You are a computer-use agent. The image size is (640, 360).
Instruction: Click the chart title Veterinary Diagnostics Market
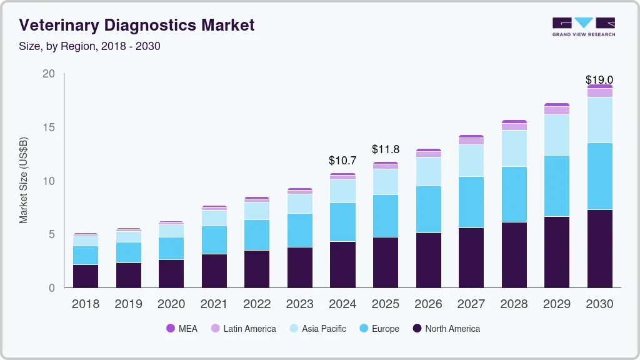pyautogui.click(x=137, y=26)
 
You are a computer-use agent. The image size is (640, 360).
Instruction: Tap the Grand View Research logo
pyautogui.click(x=583, y=27)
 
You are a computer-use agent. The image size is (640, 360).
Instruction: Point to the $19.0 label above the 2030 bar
pyautogui.click(x=599, y=79)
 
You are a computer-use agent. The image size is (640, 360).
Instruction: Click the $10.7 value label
pyautogui.click(x=342, y=161)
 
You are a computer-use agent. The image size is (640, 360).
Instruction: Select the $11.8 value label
pyautogui.click(x=386, y=149)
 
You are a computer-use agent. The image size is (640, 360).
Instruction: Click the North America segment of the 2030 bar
pyautogui.click(x=599, y=248)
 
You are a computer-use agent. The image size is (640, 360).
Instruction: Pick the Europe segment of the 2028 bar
pyautogui.click(x=514, y=194)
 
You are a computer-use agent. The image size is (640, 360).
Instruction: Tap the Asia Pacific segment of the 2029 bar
pyautogui.click(x=556, y=135)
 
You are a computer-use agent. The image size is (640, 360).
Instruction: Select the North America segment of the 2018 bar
pyautogui.click(x=85, y=276)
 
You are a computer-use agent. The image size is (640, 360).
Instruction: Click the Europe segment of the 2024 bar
pyautogui.click(x=342, y=222)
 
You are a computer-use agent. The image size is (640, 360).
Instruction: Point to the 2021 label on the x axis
pyautogui.click(x=214, y=304)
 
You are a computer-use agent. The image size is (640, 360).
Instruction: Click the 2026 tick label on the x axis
pyautogui.click(x=428, y=304)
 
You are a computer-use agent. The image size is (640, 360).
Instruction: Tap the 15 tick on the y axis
pyautogui.click(x=49, y=127)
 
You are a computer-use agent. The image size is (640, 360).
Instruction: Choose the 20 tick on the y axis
pyautogui.click(x=49, y=74)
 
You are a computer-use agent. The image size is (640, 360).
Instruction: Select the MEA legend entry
pyautogui.click(x=181, y=328)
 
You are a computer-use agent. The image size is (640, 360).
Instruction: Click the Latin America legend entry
pyautogui.click(x=243, y=328)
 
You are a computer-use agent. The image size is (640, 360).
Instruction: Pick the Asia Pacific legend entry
pyautogui.click(x=317, y=328)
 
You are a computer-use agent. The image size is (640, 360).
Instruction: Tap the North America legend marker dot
pyautogui.click(x=417, y=328)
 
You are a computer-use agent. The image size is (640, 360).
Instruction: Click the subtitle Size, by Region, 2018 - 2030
pyautogui.click(x=89, y=46)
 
